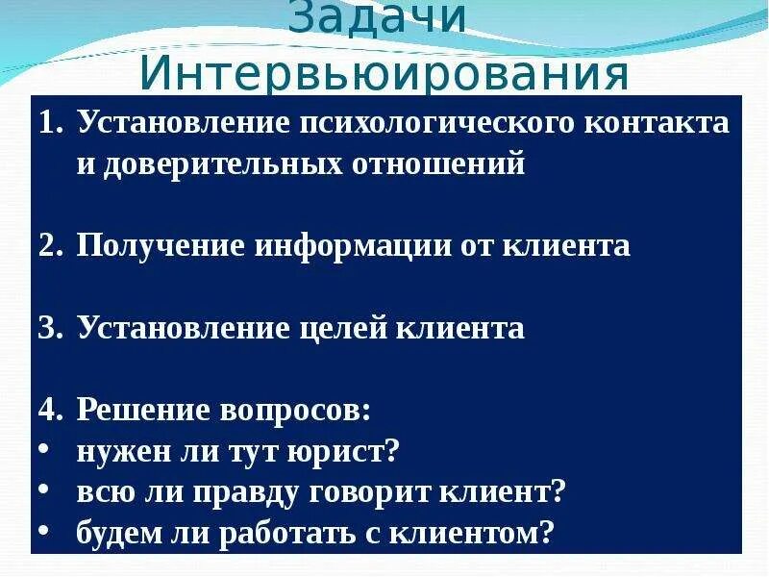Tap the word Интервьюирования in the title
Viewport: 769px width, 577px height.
(384, 72)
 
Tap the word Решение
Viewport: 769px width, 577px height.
(146, 411)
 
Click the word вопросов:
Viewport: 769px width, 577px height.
(298, 411)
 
